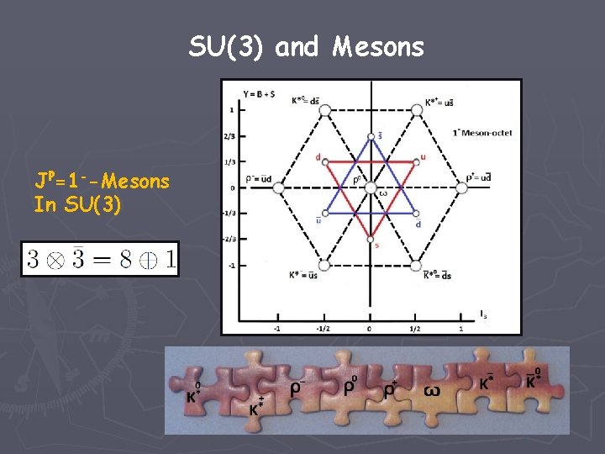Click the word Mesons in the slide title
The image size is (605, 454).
coord(378,47)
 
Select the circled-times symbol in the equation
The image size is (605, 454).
coord(55,259)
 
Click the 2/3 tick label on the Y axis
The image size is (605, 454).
coord(229,136)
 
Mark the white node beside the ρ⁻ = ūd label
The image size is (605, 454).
coord(279,187)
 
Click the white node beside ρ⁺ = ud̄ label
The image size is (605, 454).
coord(459,187)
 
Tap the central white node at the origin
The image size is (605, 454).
coord(370,187)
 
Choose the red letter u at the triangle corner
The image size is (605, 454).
coord(422,155)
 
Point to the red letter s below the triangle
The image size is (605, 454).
coord(376,245)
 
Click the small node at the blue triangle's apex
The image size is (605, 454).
coord(371,136)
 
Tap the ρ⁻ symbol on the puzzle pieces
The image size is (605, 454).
coord(298,389)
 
